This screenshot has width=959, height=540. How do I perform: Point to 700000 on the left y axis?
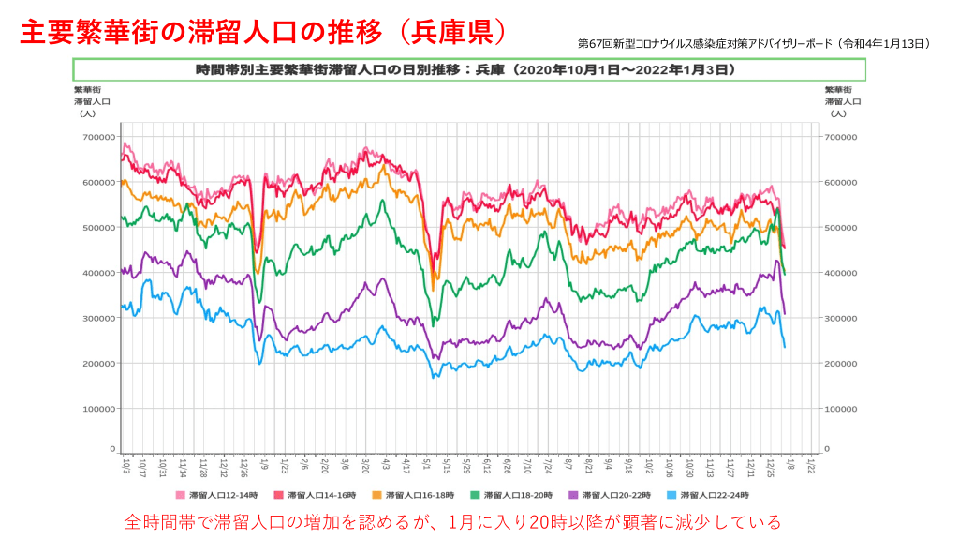(98, 137)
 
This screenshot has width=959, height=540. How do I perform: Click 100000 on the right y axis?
(841, 409)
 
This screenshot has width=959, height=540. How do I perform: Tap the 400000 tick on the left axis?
(98, 273)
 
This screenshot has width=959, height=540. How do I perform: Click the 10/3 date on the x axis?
(125, 464)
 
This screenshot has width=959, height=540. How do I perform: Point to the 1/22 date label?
(811, 464)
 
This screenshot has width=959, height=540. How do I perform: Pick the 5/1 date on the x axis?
(427, 464)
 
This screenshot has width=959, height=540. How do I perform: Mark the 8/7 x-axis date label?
(568, 464)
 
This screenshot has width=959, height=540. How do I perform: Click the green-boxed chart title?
(468, 69)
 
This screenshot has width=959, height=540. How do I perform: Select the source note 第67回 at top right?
(754, 43)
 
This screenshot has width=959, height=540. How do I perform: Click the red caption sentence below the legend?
(453, 521)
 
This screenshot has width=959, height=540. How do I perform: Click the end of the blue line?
(784, 347)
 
